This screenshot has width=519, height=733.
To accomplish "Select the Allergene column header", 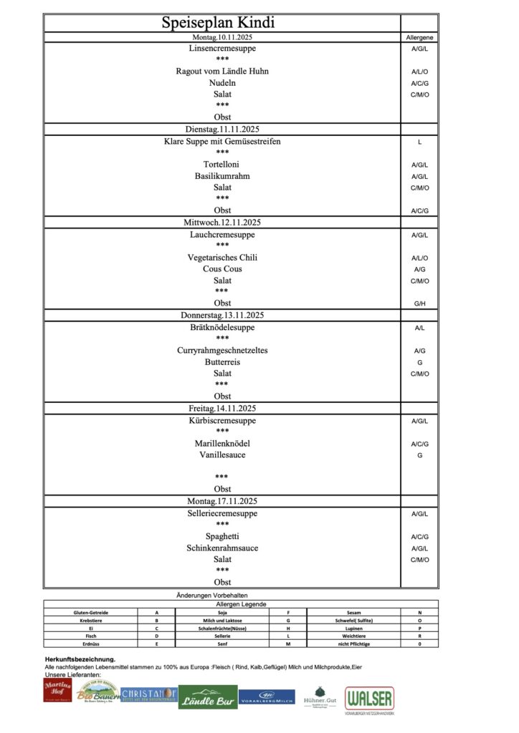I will [419, 37].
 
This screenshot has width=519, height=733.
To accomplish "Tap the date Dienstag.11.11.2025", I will [222, 130].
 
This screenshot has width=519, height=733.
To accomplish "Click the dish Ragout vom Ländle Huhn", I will [222, 72].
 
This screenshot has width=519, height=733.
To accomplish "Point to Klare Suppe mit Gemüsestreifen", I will [222, 142].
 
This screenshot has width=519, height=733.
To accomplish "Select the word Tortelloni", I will [222, 165].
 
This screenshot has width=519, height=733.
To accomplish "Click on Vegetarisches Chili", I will [222, 258].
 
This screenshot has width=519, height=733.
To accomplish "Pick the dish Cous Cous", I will [222, 269].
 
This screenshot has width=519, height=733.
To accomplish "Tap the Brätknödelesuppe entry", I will [222, 328].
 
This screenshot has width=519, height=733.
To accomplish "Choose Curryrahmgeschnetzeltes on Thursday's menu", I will [222, 351].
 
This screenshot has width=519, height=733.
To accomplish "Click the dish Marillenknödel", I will [222, 444].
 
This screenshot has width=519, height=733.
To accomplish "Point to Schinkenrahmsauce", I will [222, 548].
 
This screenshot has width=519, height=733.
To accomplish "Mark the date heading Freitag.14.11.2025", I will [222, 409].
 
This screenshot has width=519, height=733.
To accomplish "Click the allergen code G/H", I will [419, 304].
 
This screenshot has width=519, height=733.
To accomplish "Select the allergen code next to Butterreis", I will [419, 363].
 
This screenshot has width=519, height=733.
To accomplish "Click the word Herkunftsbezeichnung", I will [80, 659].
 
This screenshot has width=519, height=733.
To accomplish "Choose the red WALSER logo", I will [369, 699].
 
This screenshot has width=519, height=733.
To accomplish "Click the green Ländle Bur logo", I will [208, 699].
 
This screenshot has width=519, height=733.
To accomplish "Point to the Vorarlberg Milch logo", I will [267, 696].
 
